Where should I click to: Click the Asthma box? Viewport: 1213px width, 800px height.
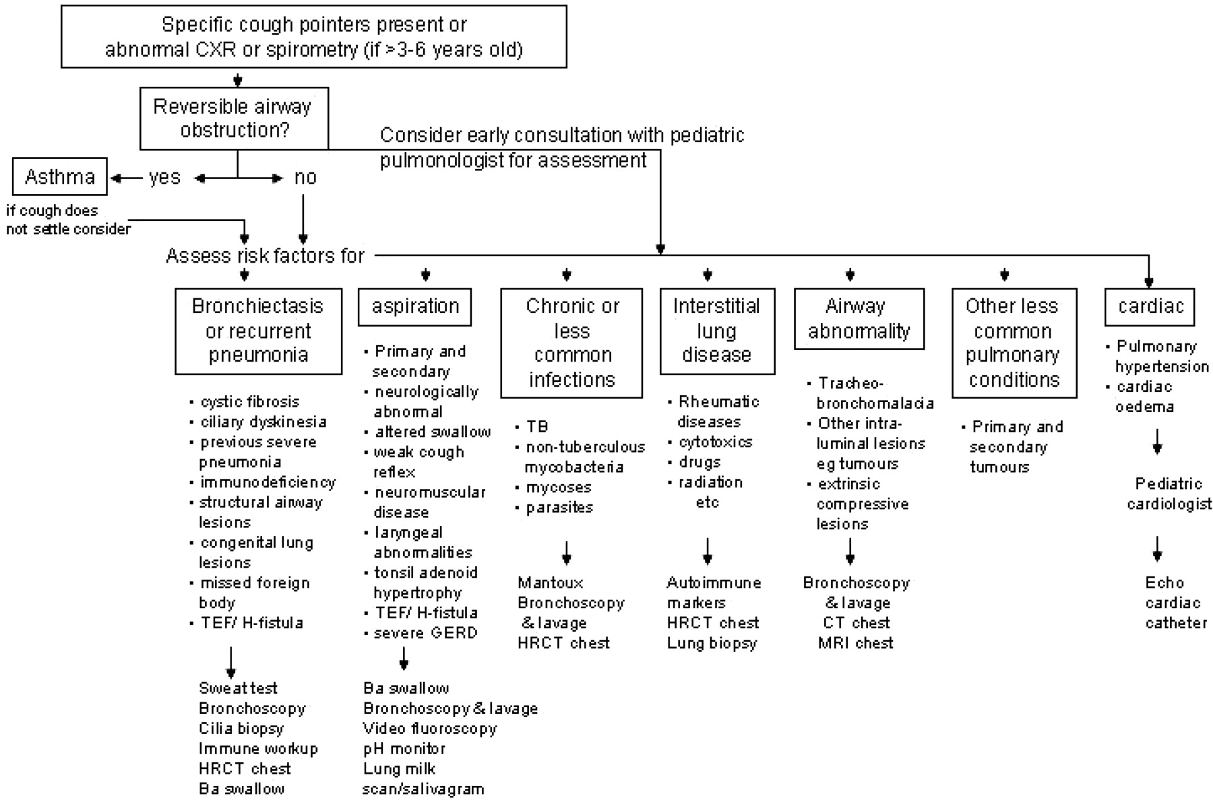point(59,177)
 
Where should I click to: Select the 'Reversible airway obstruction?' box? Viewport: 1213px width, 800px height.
point(234,118)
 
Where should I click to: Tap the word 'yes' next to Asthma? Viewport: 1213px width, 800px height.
point(164,177)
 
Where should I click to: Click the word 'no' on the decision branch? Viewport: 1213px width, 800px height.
point(305,177)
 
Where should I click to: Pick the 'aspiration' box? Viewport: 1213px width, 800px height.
point(414,306)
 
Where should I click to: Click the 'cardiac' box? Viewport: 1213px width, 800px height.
point(1150,306)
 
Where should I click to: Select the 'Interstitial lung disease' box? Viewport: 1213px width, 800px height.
point(716,331)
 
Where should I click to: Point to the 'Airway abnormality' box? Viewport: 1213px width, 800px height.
point(859,319)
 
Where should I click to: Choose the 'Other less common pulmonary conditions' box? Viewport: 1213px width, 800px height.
point(1014,343)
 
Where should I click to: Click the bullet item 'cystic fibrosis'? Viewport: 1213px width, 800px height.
point(249,402)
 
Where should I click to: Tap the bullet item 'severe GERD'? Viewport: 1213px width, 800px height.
point(425,633)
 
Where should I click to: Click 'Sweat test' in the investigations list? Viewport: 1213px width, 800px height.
point(238,688)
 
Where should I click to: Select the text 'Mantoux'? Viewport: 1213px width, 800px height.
point(550,582)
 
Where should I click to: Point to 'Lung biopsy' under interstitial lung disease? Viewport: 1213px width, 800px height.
point(712,643)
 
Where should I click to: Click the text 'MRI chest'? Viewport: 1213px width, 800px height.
point(855,643)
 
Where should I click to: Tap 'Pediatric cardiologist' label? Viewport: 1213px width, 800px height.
point(1169,494)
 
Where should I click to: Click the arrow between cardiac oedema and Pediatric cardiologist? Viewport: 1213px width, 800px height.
point(1157,442)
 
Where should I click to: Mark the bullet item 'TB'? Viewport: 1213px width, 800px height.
point(537,427)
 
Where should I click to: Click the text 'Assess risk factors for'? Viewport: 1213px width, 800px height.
point(265,256)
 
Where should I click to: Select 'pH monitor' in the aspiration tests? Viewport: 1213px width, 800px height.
point(404,749)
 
